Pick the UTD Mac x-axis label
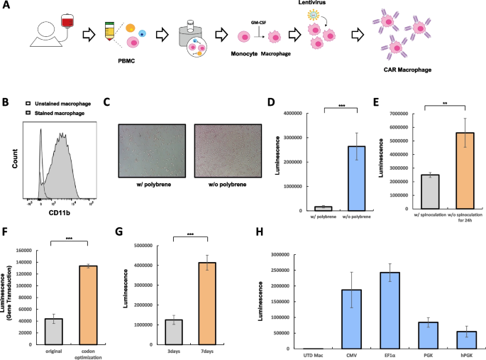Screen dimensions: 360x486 (309, 354)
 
